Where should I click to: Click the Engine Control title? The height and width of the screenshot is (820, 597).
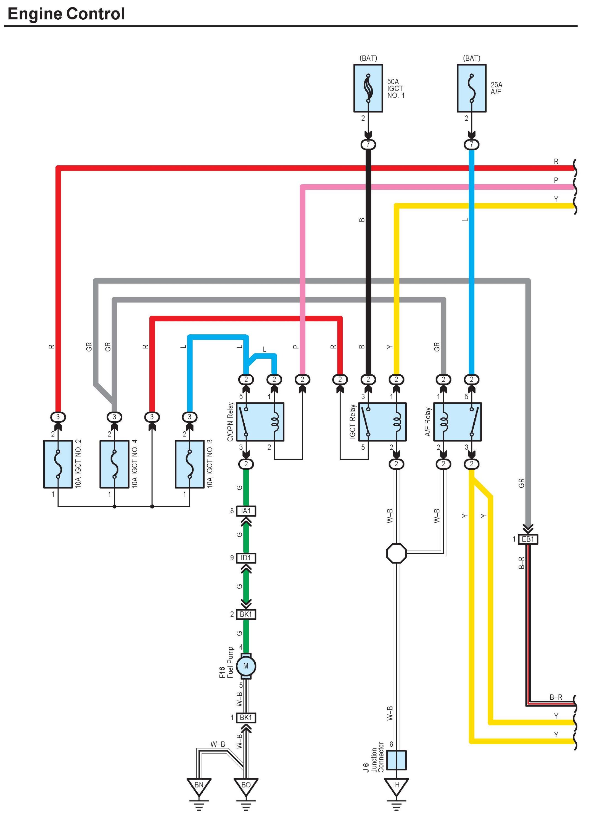[66, 14]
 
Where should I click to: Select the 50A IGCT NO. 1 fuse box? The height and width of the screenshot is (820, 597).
[368, 88]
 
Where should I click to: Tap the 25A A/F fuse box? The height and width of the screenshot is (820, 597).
[472, 88]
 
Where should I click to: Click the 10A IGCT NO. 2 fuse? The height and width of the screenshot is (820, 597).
[58, 464]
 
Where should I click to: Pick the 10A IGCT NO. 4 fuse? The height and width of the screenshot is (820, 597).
[114, 464]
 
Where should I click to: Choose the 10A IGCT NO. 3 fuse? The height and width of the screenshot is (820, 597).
[189, 464]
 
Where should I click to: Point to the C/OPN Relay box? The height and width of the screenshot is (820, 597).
[260, 422]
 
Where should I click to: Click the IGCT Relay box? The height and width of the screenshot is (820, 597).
[382, 422]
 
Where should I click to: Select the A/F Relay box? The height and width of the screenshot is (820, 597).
[458, 422]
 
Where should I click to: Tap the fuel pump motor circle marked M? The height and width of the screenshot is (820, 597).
[246, 666]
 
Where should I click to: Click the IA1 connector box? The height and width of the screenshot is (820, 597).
[246, 511]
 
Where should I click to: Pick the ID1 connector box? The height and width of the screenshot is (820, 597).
[246, 558]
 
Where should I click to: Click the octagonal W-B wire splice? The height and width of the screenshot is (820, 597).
[396, 553]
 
